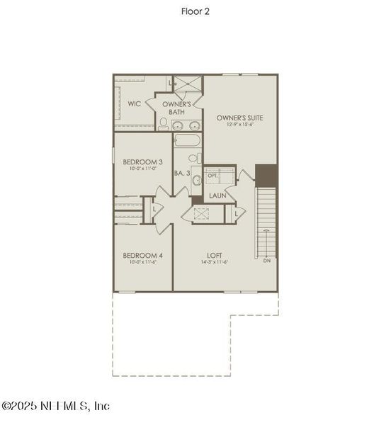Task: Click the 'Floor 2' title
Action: (195, 11)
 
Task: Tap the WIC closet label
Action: (135, 103)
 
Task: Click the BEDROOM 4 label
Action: (142, 256)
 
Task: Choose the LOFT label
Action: (215, 256)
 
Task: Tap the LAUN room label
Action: (217, 195)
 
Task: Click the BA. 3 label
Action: (183, 172)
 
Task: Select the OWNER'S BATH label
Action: (176, 108)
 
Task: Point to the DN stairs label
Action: (266, 261)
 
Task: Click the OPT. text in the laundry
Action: (212, 174)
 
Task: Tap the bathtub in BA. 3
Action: (187, 140)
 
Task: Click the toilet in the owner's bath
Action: (164, 124)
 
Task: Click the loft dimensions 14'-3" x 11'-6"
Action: (215, 263)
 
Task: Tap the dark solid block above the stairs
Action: (266, 174)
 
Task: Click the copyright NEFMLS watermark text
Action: (56, 406)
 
